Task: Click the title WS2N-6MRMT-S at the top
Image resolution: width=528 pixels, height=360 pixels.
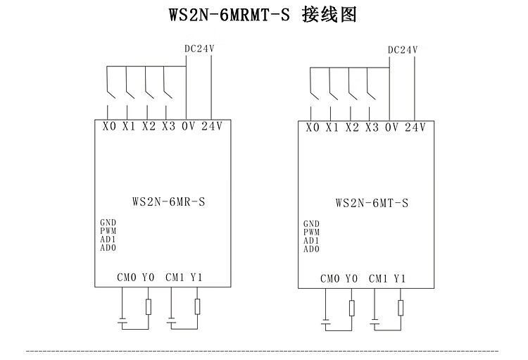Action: [229, 15]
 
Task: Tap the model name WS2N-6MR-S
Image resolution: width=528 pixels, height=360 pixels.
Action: [168, 201]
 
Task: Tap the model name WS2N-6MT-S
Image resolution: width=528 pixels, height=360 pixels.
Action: [372, 203]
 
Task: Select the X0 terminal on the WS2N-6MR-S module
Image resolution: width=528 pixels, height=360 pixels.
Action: [108, 127]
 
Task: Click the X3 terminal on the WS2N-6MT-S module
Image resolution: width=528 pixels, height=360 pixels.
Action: [372, 128]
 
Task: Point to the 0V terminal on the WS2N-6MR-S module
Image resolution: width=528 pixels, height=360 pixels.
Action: [188, 127]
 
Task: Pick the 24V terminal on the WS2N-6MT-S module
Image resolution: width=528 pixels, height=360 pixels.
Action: [415, 128]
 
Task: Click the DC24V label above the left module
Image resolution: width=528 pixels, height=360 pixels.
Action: [199, 49]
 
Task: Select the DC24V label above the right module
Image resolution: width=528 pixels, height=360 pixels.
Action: [403, 50]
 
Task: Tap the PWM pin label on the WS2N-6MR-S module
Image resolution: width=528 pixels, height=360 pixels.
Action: [108, 230]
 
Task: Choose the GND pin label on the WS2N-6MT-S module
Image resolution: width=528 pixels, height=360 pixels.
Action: [311, 224]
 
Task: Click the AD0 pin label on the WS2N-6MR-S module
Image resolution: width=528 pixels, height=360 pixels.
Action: [108, 247]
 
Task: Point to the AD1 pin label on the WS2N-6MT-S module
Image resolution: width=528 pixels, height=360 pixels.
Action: [311, 240]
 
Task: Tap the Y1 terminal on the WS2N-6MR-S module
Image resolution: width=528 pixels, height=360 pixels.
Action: [196, 277]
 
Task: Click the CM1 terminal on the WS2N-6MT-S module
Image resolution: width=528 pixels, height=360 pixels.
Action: [378, 279]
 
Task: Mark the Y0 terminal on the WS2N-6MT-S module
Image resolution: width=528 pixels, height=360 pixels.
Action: [351, 279]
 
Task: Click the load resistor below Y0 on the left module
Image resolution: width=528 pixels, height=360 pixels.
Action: [148, 306]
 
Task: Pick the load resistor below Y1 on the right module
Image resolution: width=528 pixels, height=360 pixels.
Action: [401, 308]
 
